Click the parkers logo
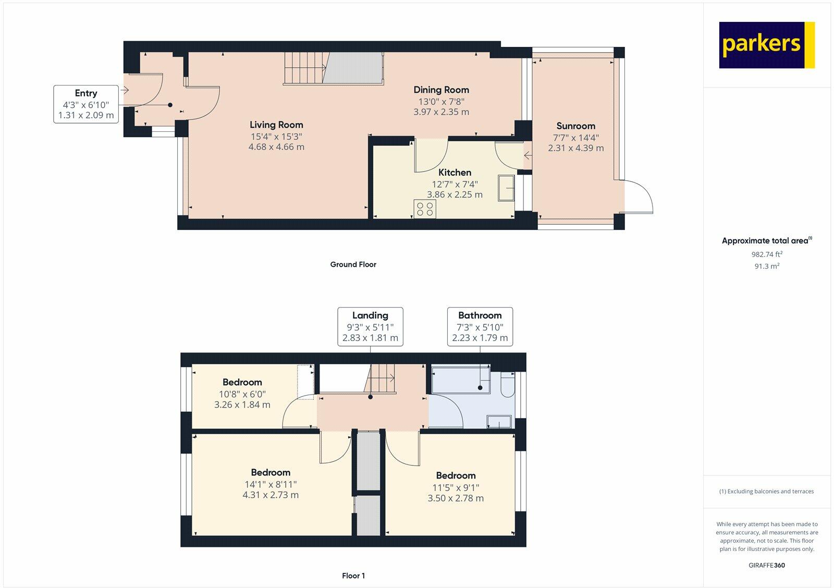click(x=767, y=45)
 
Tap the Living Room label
click(x=276, y=125)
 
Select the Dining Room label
click(x=441, y=90)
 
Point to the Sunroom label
click(x=575, y=126)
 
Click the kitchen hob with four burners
click(x=425, y=209)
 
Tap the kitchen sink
click(x=506, y=188)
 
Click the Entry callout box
click(x=86, y=104)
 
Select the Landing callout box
click(x=370, y=327)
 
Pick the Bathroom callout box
click(x=480, y=327)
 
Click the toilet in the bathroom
click(x=508, y=384)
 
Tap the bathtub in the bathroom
click(x=461, y=379)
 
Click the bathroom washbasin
click(x=499, y=422)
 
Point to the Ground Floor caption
click(x=353, y=264)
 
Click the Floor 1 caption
click(x=353, y=575)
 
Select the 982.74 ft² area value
click(x=767, y=254)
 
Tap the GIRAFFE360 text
click(x=767, y=565)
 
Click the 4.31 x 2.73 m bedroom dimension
click(x=271, y=495)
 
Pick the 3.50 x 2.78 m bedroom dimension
click(x=456, y=498)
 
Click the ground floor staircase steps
click(x=305, y=68)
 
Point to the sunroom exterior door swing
click(x=639, y=197)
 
